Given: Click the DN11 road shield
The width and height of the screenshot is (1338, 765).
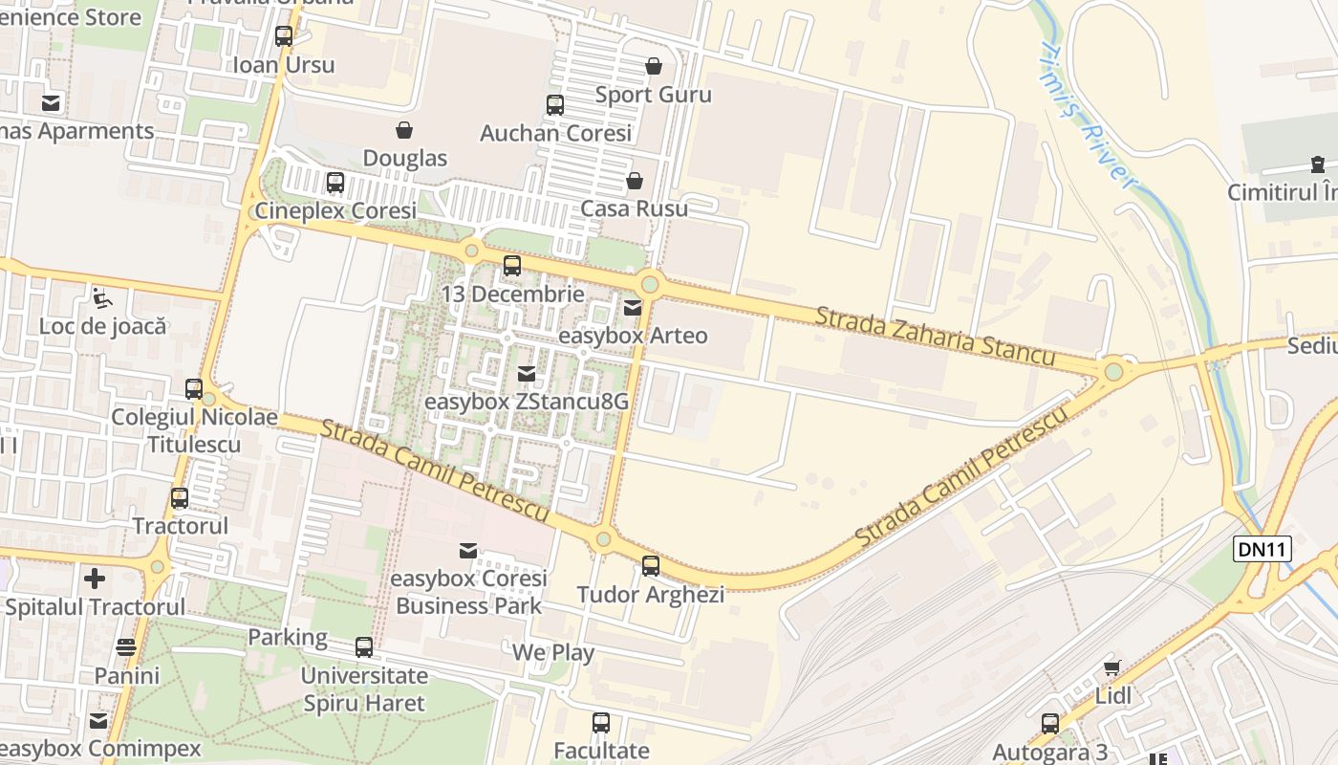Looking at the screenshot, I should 1262,549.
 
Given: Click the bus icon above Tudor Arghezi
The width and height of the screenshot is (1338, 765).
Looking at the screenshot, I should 651,566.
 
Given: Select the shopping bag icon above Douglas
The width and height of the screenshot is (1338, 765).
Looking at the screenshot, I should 404,129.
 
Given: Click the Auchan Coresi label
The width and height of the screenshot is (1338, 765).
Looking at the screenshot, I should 555,133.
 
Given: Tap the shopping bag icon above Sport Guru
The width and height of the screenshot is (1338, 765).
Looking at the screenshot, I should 654,66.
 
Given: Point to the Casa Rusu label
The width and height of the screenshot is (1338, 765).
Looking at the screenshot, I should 635,208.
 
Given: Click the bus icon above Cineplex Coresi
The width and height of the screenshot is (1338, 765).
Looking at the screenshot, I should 334,182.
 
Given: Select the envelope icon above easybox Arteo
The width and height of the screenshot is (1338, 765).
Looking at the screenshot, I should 633,308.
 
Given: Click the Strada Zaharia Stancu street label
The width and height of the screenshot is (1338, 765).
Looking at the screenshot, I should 934,336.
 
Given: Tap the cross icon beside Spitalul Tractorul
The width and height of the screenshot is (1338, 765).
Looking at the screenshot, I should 95,579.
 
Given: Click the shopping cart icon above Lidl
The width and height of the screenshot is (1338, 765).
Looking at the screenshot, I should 1111,667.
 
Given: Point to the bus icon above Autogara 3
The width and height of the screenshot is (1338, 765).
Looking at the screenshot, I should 1050,724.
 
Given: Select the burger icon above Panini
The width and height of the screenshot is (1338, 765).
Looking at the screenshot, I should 126,647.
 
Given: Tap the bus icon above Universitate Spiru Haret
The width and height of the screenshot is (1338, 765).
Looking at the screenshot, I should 364,647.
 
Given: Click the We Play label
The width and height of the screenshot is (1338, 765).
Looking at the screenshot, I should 553,653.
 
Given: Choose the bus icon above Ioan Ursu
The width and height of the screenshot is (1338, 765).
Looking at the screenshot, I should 284,36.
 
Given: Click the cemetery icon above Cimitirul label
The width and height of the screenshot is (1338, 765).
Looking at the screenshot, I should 1318,164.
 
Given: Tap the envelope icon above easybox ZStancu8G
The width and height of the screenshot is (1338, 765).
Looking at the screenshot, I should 526,374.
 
